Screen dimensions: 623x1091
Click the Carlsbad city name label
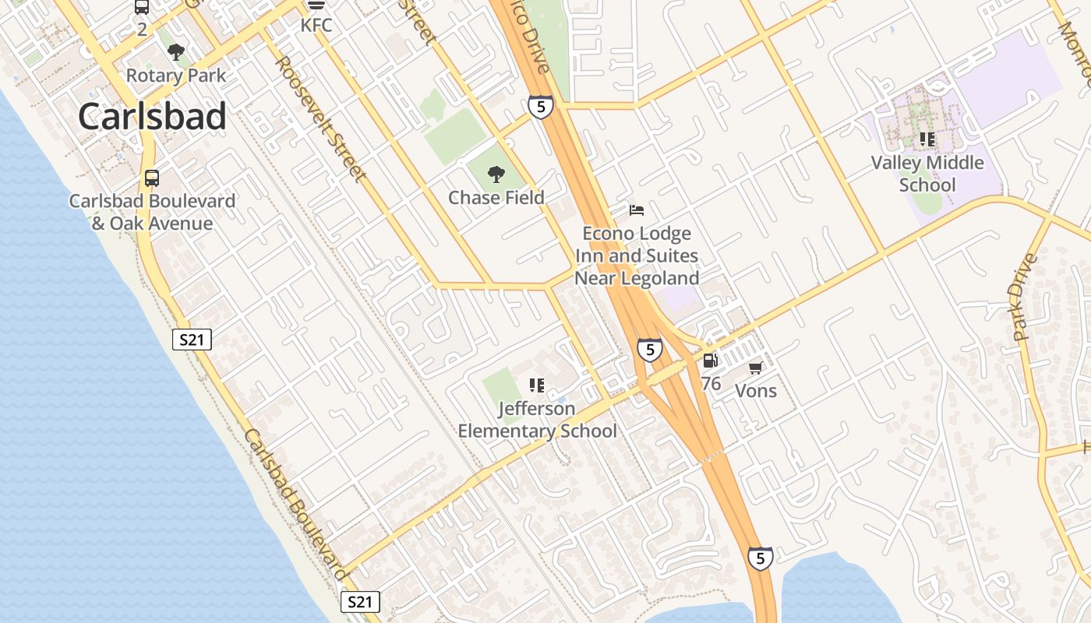(152, 117)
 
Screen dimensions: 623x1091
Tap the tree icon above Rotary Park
(176, 52)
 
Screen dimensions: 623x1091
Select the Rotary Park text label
(176, 76)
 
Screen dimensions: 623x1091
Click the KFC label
(316, 25)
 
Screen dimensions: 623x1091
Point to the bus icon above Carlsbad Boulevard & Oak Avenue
(152, 178)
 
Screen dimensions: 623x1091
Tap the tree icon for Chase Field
(496, 174)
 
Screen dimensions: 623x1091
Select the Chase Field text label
(496, 198)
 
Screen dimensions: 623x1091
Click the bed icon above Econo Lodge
(637, 209)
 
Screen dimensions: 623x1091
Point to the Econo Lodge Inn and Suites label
(637, 255)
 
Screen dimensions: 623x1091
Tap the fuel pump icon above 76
(710, 360)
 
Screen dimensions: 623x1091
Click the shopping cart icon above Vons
(755, 368)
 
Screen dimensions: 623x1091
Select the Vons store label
(756, 390)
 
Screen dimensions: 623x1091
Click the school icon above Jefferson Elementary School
(536, 385)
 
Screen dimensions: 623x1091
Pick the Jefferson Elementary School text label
(537, 420)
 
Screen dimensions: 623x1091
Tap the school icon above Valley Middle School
(927, 139)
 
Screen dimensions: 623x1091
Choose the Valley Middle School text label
(927, 174)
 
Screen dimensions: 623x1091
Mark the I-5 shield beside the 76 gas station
(649, 350)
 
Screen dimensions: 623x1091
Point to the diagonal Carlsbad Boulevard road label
(296, 505)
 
